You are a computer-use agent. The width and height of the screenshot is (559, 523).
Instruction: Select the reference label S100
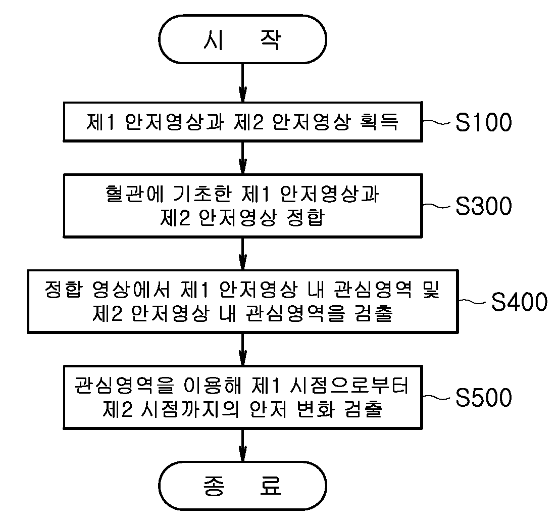tap(484, 122)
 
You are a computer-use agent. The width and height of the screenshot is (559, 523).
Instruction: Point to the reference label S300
tap(484, 206)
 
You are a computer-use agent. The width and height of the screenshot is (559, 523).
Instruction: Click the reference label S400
tap(520, 302)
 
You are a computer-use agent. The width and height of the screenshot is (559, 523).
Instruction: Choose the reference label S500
tap(484, 397)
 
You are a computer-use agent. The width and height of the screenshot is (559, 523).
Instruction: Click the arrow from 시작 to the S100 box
tap(243, 83)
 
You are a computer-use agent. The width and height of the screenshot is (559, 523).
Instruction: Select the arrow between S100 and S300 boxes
tap(243, 158)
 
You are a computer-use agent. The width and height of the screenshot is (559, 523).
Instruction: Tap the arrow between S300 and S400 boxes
tap(243, 254)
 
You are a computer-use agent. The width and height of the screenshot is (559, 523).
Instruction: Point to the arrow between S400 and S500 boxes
tap(243, 349)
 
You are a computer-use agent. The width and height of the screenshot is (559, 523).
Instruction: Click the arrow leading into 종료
tap(243, 445)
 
